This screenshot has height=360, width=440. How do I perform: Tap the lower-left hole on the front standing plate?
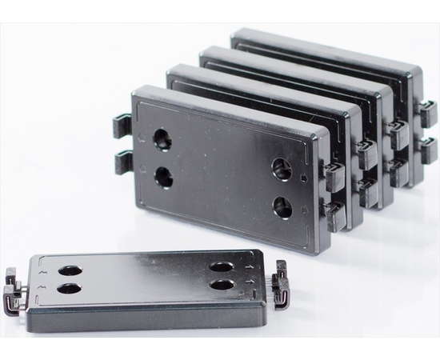point(162,176)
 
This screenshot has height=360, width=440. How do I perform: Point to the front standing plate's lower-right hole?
point(282,208)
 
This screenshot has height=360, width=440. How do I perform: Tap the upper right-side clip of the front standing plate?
point(334,172)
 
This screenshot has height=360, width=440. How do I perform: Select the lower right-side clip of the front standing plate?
point(332,211)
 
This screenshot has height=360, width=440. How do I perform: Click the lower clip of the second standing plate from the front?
point(368,190)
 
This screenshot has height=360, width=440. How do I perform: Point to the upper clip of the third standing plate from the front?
point(398,130)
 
